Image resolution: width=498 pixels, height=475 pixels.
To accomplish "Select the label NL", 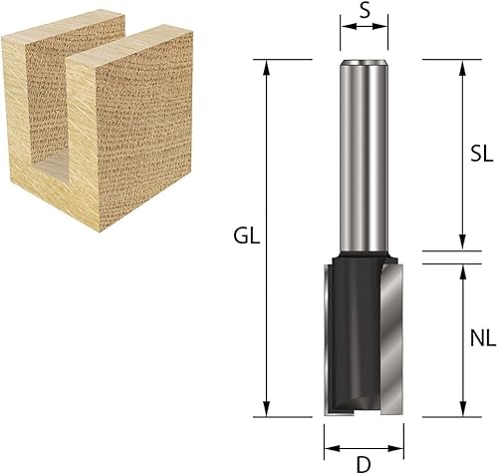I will click(x=481, y=338).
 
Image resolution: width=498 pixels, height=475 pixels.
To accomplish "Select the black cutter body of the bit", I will click(x=359, y=329).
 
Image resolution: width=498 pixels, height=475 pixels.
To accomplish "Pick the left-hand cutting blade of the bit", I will click(x=331, y=339).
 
